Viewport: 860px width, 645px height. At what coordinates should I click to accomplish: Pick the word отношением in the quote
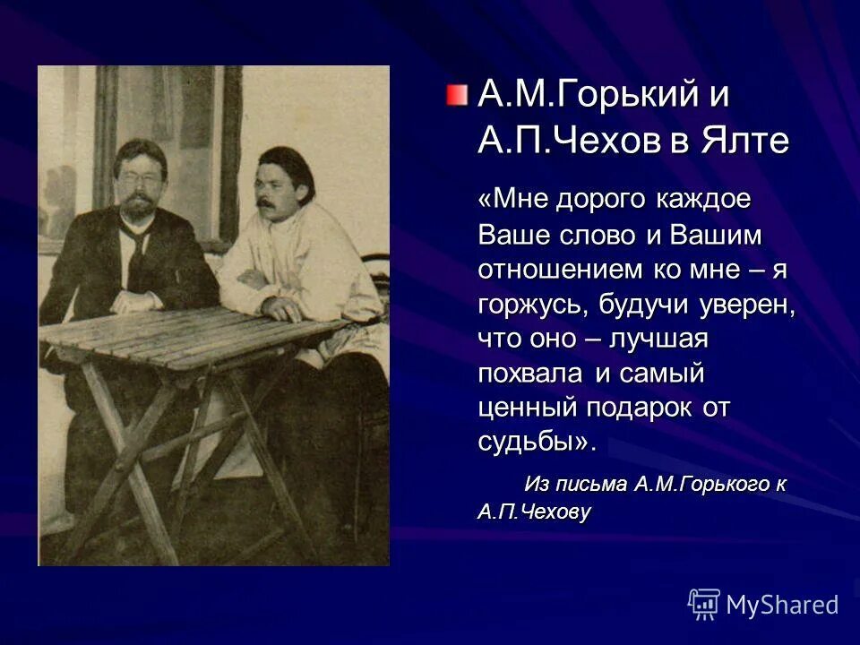[558, 269]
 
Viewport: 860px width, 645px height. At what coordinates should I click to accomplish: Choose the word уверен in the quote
[748, 305]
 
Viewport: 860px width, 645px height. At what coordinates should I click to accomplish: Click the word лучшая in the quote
[658, 339]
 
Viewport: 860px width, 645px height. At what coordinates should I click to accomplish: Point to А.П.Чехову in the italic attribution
[534, 512]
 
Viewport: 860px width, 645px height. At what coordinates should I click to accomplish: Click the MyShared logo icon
[704, 604]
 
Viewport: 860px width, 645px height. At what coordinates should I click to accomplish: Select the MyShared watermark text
[782, 605]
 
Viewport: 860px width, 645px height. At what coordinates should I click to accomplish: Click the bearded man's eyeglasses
[138, 176]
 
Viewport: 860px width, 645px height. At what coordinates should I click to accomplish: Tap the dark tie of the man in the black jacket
[135, 251]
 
